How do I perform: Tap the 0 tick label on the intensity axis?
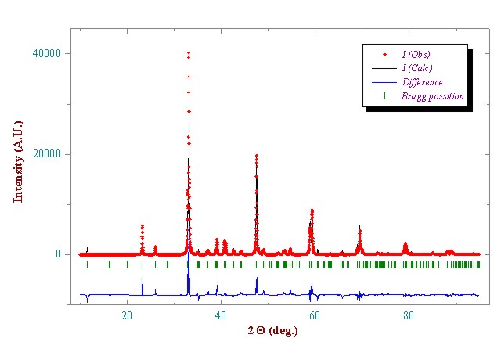(57, 254)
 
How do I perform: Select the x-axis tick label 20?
(127, 315)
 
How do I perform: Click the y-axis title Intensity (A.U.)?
(19, 161)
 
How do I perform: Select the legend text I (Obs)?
(416, 54)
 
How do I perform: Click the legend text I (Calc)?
(416, 68)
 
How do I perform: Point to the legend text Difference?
(422, 82)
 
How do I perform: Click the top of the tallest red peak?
(189, 52)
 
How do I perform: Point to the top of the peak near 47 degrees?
(256, 156)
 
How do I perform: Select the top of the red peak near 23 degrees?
(142, 225)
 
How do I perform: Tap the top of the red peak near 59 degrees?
(312, 210)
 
